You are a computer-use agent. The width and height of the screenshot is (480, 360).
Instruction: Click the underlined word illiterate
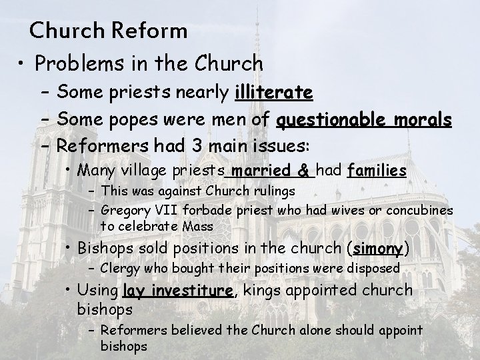point(274,91)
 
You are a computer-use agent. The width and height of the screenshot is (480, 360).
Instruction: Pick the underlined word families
point(377,171)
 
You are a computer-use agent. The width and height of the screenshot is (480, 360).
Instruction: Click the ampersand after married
point(305,171)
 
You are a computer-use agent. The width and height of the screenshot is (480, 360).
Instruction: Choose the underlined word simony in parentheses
point(378,249)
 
